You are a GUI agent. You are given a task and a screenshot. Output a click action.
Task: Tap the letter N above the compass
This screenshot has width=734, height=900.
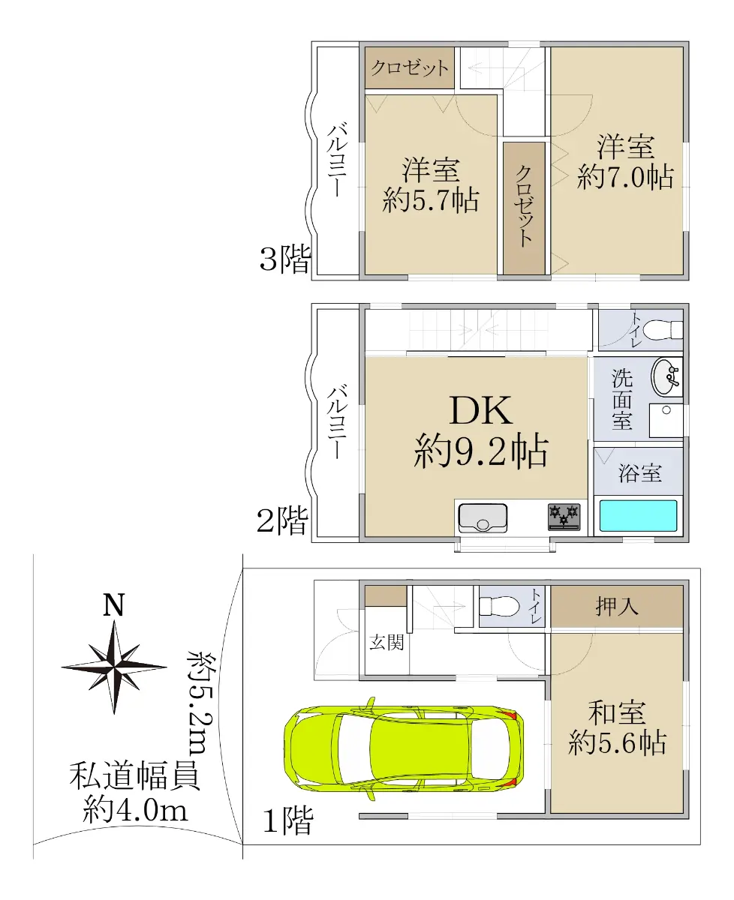[x=114, y=604]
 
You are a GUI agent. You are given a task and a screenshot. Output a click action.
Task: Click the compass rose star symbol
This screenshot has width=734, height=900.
[x=114, y=667]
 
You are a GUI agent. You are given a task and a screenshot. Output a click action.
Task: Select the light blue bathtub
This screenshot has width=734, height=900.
[x=638, y=515]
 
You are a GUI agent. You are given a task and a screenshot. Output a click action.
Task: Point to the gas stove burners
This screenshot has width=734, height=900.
[x=564, y=516]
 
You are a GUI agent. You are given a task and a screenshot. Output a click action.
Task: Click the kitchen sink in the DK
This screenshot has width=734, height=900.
[x=483, y=518]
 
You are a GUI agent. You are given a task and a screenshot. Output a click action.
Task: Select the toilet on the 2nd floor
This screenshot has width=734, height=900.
[x=663, y=330]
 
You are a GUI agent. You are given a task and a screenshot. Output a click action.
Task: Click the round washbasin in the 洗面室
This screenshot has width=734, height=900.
[x=666, y=377]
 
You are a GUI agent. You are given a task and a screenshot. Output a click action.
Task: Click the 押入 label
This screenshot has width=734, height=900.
[x=616, y=607]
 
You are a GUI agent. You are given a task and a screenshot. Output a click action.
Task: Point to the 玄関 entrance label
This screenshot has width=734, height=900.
[x=387, y=642]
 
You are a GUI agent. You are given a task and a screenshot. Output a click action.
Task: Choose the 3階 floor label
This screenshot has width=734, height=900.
[x=285, y=259]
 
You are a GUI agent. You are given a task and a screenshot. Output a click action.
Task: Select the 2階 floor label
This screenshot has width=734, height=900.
[x=282, y=520]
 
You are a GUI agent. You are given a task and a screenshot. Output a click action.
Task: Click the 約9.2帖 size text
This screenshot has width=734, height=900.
[x=481, y=451]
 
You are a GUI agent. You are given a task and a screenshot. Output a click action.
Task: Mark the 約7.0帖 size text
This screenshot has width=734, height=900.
[x=625, y=176]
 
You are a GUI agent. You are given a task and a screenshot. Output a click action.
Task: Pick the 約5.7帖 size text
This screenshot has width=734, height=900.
[x=431, y=199]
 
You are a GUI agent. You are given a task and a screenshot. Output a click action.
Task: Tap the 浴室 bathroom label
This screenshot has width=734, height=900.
[x=640, y=472]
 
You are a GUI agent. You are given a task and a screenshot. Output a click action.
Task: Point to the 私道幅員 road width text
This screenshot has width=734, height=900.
[x=134, y=775]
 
